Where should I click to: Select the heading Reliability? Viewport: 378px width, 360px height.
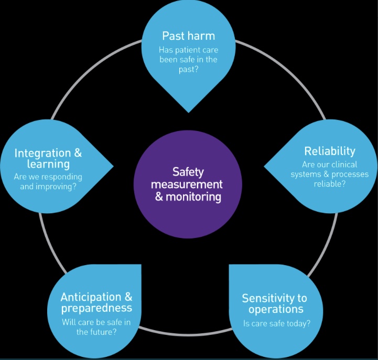tap(329, 151)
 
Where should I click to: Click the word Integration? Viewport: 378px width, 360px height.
tap(42, 153)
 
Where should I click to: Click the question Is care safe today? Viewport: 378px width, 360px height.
tap(276, 323)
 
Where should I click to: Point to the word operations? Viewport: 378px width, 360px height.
tap(272, 309)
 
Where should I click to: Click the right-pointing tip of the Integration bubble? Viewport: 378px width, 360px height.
tap(113, 167)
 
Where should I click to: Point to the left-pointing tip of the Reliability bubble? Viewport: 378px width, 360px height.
tap(264, 167)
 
